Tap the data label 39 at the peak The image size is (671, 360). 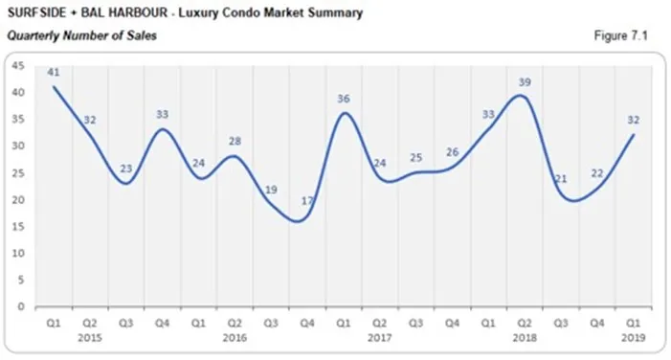click(x=525, y=82)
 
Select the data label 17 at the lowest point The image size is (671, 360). click(x=306, y=201)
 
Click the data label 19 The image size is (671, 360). click(x=271, y=190)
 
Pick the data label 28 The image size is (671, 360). click(x=235, y=142)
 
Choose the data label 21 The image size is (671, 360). click(x=562, y=179)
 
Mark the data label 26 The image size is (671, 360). click(x=453, y=152)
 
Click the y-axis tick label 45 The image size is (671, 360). click(x=16, y=66)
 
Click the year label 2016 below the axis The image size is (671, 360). click(x=234, y=338)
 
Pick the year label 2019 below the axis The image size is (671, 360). click(x=635, y=338)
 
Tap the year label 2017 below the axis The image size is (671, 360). click(x=379, y=338)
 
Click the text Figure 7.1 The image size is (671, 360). click(x=621, y=34)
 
